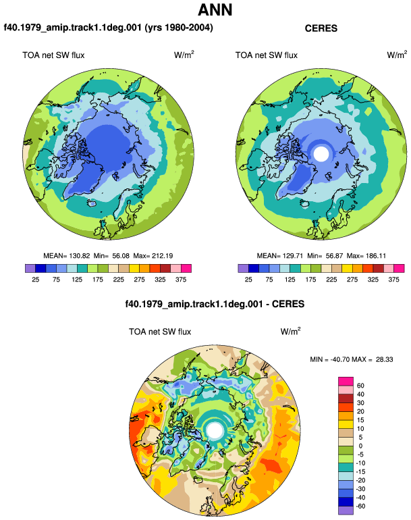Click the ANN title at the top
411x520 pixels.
click(x=215, y=10)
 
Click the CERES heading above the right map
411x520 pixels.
click(x=321, y=28)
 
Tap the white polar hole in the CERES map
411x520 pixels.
click(x=321, y=154)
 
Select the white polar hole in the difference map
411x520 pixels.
click(x=215, y=430)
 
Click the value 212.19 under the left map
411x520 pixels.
click(x=162, y=256)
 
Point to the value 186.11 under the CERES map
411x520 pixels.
click(x=375, y=256)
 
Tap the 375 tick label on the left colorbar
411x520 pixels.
click(x=181, y=280)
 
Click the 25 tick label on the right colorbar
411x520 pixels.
click(x=248, y=280)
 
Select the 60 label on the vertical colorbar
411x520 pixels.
click(x=360, y=386)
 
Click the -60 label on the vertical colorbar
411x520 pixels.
click(x=360, y=506)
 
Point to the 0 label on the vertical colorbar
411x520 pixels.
click(x=360, y=446)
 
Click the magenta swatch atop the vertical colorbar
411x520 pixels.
click(x=346, y=382)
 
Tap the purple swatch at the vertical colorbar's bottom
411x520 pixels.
click(x=346, y=511)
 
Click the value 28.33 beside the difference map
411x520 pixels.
click(x=384, y=359)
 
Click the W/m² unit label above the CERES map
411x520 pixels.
click(x=397, y=55)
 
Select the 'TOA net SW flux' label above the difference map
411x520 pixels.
click(x=160, y=332)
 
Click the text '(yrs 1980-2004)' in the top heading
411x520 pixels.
click(x=179, y=28)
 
